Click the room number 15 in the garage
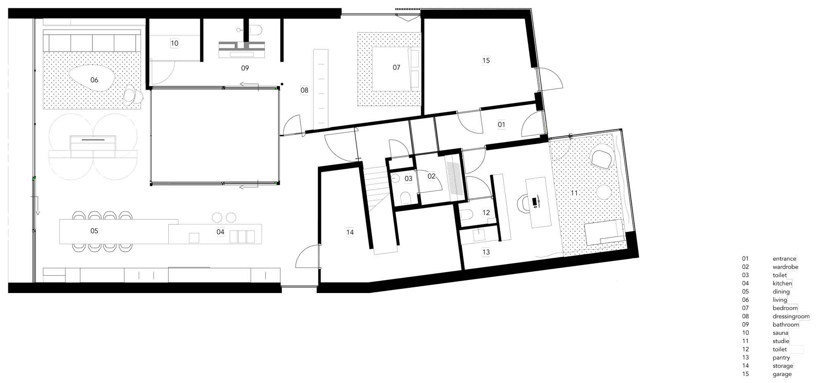click(486, 61)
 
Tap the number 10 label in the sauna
click(174, 43)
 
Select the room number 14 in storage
click(350, 232)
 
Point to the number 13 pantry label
click(486, 252)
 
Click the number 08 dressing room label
click(304, 90)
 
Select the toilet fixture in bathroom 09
click(256, 30)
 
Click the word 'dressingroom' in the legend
click(791, 317)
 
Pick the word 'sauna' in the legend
click(780, 333)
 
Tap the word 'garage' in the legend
click(782, 374)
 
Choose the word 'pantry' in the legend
click(781, 358)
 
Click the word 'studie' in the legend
click(780, 341)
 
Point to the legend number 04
click(745, 284)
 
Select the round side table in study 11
click(603, 192)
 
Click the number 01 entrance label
click(501, 124)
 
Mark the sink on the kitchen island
click(194, 238)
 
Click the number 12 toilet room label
click(486, 213)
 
